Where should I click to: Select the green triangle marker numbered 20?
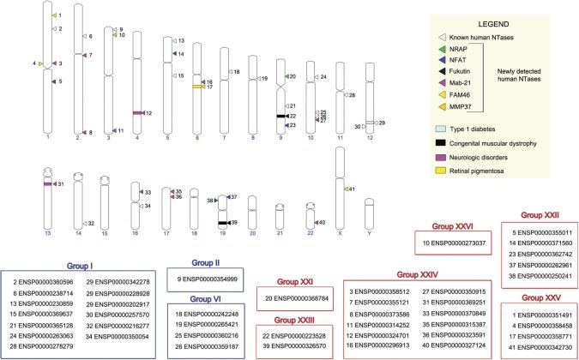pyautogui.click(x=287, y=77)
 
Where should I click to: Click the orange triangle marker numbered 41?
pyautogui.click(x=346, y=189)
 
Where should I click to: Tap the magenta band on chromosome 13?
pyautogui.click(x=49, y=183)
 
